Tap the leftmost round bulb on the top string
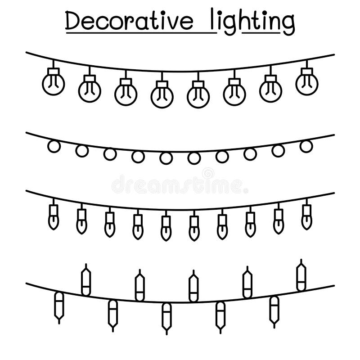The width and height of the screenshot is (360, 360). [53, 83]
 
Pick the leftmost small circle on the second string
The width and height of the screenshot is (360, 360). [54, 147]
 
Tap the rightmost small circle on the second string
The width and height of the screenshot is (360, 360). [306, 145]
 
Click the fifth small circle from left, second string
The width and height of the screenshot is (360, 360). [166, 158]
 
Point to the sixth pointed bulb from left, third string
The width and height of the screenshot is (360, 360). [194, 226]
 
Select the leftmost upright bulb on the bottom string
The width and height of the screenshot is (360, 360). [85, 282]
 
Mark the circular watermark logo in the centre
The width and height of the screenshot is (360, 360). [208, 174]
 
